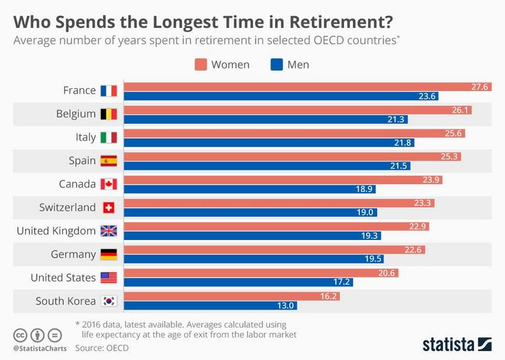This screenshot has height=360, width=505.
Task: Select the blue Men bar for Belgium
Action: tap(266, 119)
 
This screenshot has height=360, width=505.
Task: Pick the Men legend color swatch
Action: tap(276, 64)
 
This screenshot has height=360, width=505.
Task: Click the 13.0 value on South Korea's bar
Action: tap(287, 306)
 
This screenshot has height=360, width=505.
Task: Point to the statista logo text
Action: tap(448, 344)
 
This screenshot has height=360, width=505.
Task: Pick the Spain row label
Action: tap(83, 161)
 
